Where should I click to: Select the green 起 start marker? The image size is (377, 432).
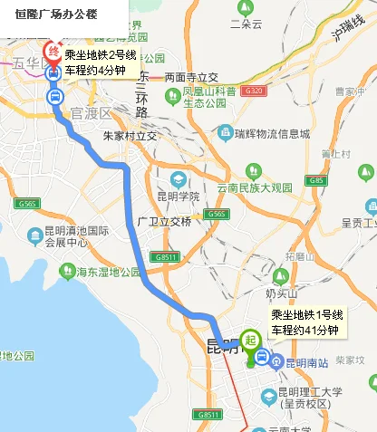[x=248, y=343]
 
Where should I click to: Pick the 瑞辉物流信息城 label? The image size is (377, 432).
[x=272, y=133]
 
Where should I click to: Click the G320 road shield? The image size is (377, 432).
[x=254, y=91]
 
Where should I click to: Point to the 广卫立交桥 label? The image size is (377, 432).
[x=164, y=221]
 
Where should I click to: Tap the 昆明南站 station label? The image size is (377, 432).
[x=304, y=361]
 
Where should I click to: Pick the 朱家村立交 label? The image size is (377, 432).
[x=130, y=135]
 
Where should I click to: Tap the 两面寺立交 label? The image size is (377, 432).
[x=191, y=77]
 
